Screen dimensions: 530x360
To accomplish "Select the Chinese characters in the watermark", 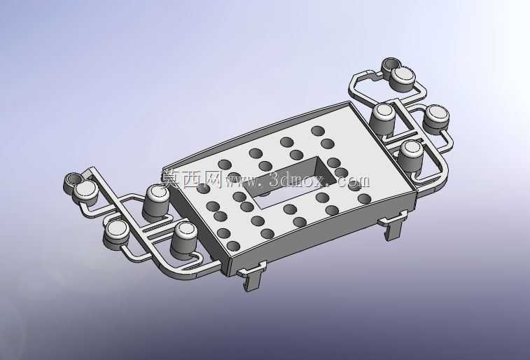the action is (x=190, y=179).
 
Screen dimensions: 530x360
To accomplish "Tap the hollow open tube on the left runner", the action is (x=71, y=181).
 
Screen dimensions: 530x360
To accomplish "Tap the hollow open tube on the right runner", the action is (x=391, y=65).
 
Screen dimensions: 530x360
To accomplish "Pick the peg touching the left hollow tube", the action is (x=85, y=192).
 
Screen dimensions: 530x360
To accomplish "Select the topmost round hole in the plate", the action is (x=318, y=130).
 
